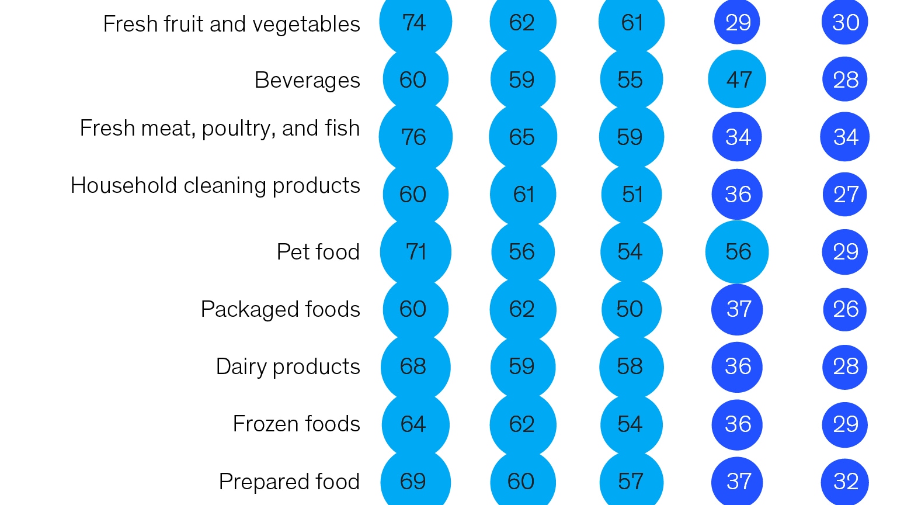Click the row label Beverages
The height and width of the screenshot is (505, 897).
pyautogui.click(x=307, y=80)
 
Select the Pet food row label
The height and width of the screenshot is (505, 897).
pyautogui.click(x=318, y=252)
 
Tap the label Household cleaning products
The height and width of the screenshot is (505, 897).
pyautogui.click(x=215, y=185)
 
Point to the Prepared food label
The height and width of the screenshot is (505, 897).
pyautogui.click(x=289, y=482)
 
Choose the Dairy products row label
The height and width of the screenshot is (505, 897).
pyautogui.click(x=288, y=366)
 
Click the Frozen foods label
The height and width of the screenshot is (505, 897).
pyautogui.click(x=296, y=424)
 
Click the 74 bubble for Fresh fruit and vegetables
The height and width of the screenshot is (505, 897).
pyautogui.click(x=415, y=22)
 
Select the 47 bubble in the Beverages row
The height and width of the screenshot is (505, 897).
pyautogui.click(x=737, y=79)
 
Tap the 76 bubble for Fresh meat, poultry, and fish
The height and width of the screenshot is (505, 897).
pyautogui.click(x=415, y=137)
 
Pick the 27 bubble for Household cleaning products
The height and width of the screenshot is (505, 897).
pyautogui.click(x=845, y=194)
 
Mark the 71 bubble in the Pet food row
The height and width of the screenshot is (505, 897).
pyautogui.click(x=415, y=252)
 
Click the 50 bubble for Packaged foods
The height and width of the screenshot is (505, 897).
pyautogui.click(x=631, y=309)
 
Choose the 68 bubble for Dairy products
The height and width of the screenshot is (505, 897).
pyautogui.click(x=415, y=366)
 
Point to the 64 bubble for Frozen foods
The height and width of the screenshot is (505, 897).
pyautogui.click(x=415, y=424)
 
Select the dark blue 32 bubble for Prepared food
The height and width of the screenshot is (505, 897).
pyautogui.click(x=845, y=482)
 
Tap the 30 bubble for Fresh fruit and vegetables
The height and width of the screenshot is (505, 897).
pyautogui.click(x=845, y=22)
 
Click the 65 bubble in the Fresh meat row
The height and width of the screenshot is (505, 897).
pyautogui.click(x=523, y=137)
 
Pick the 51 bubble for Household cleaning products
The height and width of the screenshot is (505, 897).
pyautogui.click(x=631, y=194)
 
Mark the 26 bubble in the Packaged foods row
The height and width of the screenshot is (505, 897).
pyautogui.click(x=845, y=309)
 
